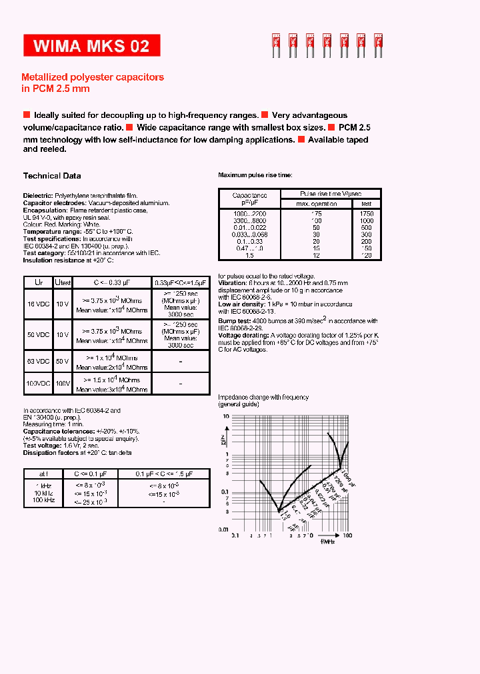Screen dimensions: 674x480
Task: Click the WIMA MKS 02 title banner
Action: point(91,46)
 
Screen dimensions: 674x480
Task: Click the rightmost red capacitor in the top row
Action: point(378,44)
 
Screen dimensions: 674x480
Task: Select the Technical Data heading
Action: point(52,176)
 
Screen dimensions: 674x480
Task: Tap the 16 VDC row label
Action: point(38,304)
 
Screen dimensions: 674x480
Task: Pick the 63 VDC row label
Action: point(38,361)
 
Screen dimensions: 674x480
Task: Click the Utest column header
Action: point(63,282)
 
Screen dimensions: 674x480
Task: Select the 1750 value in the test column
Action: point(367,212)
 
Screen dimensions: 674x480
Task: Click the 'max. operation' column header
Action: point(317,204)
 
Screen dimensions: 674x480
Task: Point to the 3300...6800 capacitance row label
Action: point(249,220)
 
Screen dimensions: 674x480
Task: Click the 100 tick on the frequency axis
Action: point(347,535)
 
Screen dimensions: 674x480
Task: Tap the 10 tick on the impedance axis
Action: point(226,416)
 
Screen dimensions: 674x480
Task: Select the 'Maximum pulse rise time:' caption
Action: point(255,174)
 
